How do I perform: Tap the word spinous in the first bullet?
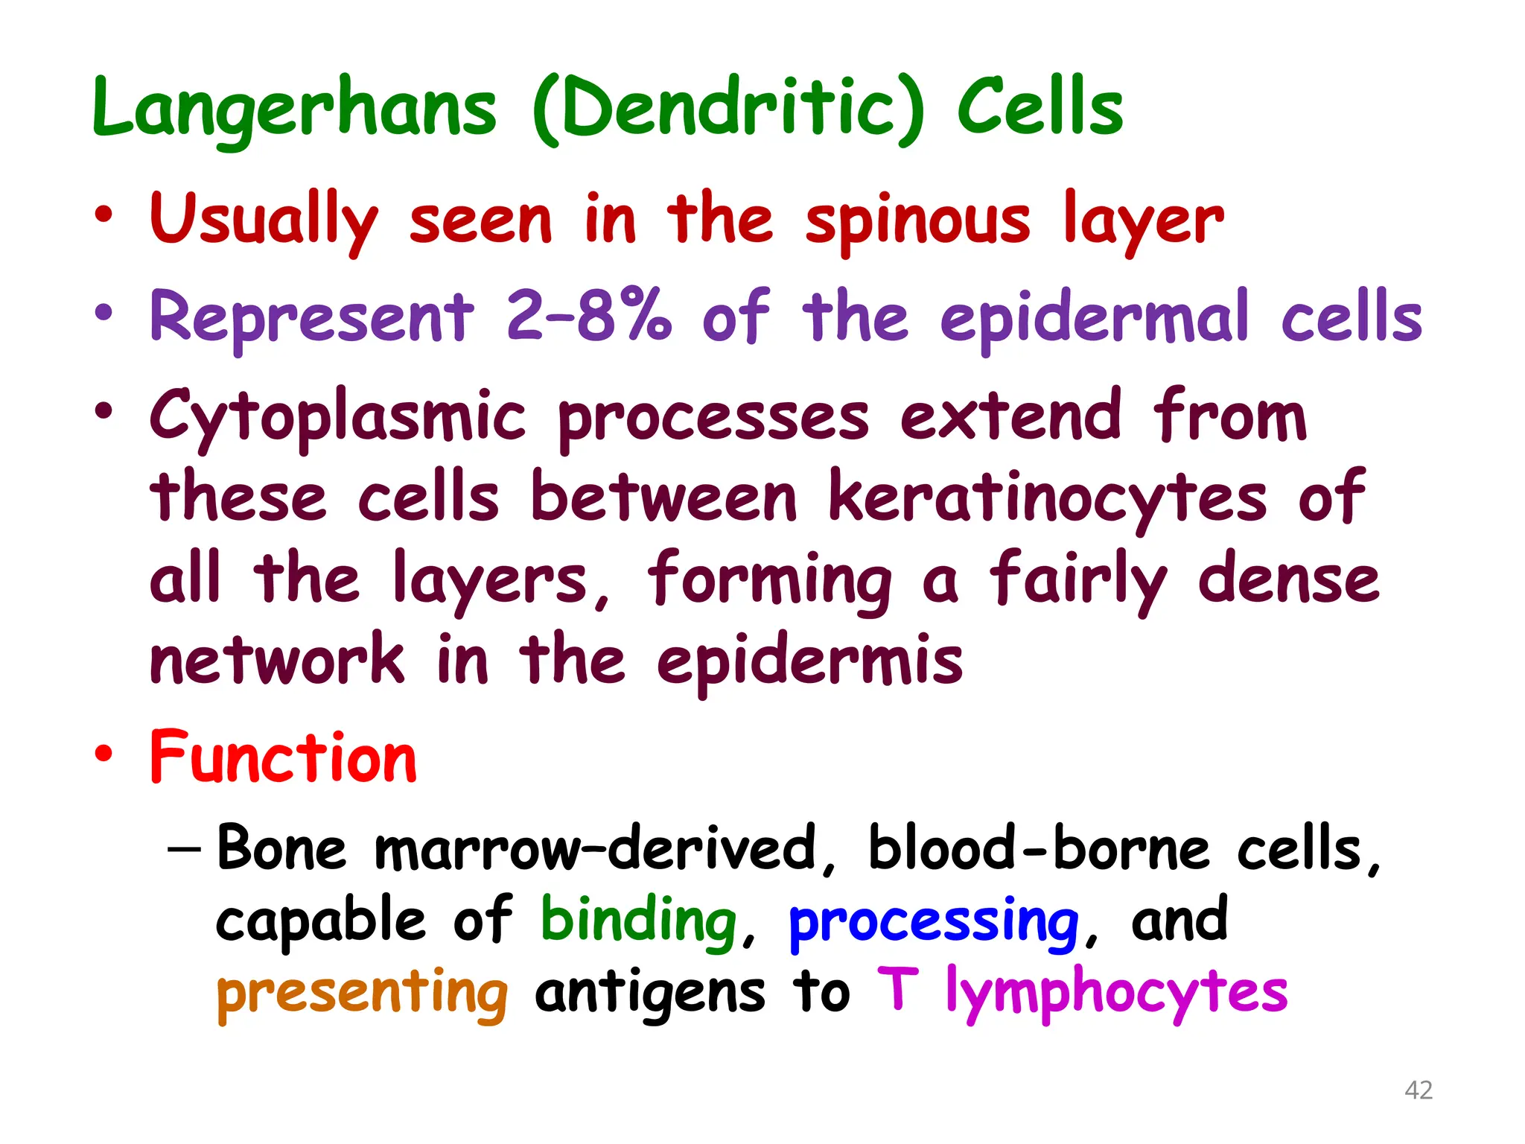(917, 220)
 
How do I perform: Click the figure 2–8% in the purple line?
(588, 317)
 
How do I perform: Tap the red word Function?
(283, 758)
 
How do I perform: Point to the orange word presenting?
(362, 994)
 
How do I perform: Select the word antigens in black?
(649, 994)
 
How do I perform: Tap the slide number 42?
(1418, 1090)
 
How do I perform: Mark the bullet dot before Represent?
(104, 313)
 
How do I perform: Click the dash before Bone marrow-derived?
(184, 849)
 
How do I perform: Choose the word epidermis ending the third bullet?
(809, 661)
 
